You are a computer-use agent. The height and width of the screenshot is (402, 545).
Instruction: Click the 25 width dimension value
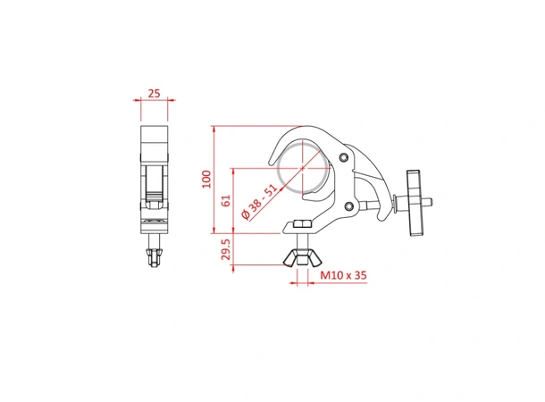[x=155, y=92]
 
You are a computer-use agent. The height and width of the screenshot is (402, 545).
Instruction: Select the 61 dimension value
[x=226, y=202]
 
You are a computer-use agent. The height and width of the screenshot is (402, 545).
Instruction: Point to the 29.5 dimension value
[x=226, y=251]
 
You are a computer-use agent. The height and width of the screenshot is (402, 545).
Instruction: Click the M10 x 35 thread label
[x=343, y=277]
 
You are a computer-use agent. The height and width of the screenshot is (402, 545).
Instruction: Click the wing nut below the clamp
[x=301, y=259]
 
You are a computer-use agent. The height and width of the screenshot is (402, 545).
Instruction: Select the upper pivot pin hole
[x=345, y=158]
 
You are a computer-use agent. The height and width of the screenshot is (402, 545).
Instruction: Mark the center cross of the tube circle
[x=304, y=168]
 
